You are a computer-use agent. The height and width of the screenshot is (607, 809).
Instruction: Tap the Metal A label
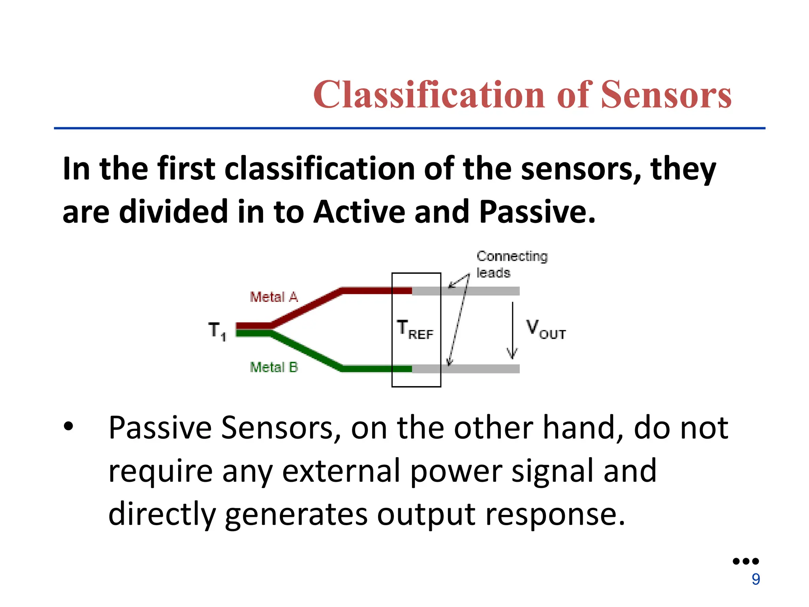(x=274, y=297)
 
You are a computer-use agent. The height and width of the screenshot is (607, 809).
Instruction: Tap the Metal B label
(x=274, y=367)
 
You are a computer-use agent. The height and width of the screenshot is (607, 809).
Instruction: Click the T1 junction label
(x=217, y=331)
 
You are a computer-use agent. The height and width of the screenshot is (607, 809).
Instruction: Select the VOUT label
(x=546, y=330)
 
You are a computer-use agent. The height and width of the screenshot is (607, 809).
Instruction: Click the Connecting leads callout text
(x=512, y=264)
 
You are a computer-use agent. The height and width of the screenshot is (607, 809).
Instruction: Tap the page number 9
(x=756, y=579)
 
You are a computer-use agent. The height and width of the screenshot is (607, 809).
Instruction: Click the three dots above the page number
(x=745, y=561)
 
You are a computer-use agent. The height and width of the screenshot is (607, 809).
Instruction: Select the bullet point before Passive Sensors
(x=68, y=427)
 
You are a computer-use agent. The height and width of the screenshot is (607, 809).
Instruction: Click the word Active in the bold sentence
(x=359, y=212)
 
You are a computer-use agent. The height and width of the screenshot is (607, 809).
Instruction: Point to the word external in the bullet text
(x=341, y=471)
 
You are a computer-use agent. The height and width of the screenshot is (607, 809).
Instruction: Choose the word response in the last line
(x=555, y=515)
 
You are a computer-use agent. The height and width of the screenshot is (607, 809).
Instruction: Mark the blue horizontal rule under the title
(x=409, y=128)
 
